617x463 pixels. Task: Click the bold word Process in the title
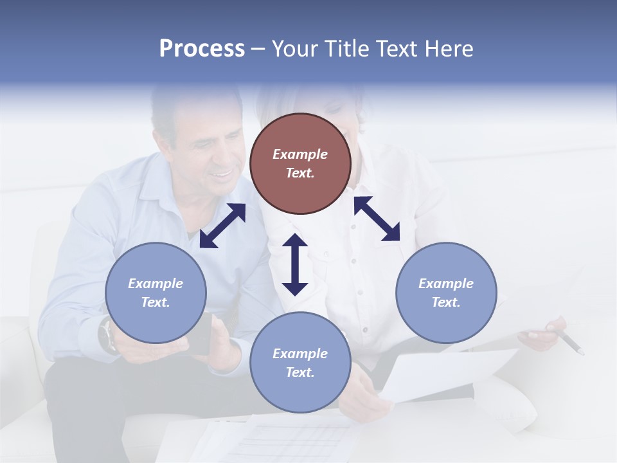pos(202,49)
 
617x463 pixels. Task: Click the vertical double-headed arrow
pos(295,264)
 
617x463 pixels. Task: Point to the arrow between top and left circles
pos(222,226)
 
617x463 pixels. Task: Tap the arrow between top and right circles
pos(377,219)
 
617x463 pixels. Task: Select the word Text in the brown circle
pos(300,173)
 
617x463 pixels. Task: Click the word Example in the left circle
pos(156,284)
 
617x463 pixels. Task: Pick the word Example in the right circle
pos(446,284)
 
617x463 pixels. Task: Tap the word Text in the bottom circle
pos(300,372)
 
